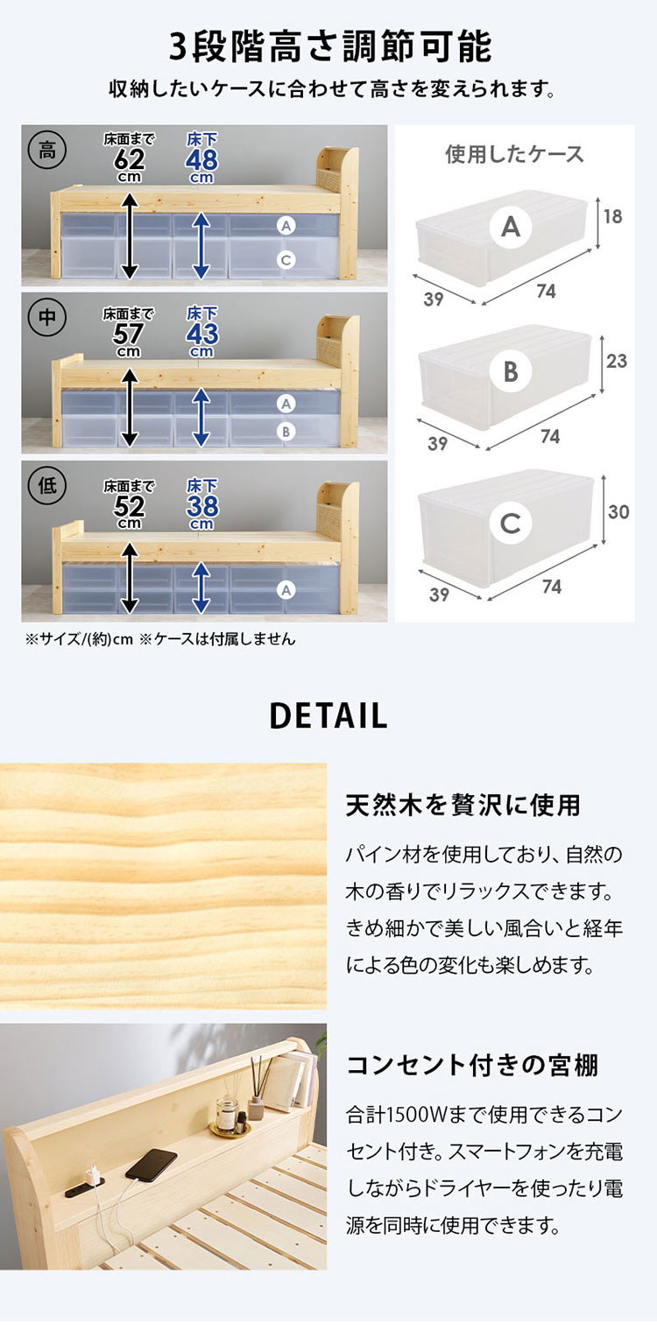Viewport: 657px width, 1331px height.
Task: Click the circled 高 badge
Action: [x=47, y=151]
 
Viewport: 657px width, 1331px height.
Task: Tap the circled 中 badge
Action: [x=47, y=317]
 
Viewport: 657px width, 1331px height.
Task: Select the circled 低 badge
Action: [x=47, y=486]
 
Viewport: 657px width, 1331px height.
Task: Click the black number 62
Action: [x=129, y=160]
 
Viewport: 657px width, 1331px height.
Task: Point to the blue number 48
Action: [x=202, y=160]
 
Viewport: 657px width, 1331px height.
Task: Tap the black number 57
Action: [x=129, y=335]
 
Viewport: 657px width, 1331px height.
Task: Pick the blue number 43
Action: [x=202, y=335]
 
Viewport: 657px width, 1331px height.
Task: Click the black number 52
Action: [x=129, y=507]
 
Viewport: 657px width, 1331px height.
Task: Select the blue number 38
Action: [x=202, y=507]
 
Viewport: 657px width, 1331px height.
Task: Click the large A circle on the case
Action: [x=511, y=227]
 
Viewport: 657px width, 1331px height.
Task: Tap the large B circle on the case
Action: [x=511, y=372]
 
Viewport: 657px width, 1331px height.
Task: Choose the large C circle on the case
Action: [x=511, y=523]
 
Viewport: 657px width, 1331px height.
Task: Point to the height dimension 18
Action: [x=613, y=217]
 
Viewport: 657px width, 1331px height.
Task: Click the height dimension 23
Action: [x=617, y=361]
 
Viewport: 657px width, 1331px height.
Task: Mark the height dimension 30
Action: [x=618, y=511]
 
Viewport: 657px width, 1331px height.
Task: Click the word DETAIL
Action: [x=328, y=716]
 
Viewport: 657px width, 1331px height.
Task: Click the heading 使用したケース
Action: [x=515, y=154]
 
